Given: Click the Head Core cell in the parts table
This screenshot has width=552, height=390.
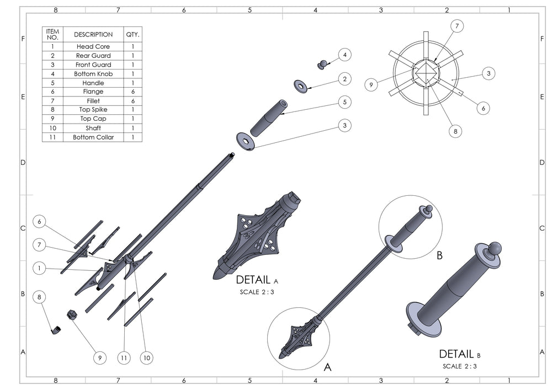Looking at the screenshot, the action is (93, 46).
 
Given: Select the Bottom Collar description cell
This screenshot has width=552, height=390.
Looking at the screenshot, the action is (93, 137).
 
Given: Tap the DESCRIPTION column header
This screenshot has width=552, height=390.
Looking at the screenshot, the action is (93, 34).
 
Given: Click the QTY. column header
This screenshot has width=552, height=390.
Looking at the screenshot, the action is (132, 34).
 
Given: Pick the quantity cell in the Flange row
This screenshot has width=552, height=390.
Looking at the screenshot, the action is (132, 92).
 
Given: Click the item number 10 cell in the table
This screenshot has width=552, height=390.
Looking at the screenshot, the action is (53, 128).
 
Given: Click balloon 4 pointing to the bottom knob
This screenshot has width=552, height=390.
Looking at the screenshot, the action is (344, 55).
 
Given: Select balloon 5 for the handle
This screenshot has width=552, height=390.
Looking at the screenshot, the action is (344, 102).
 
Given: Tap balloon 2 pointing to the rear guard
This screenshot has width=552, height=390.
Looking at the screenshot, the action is (344, 79).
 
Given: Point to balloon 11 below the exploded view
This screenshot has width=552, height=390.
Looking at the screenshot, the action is (124, 358).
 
